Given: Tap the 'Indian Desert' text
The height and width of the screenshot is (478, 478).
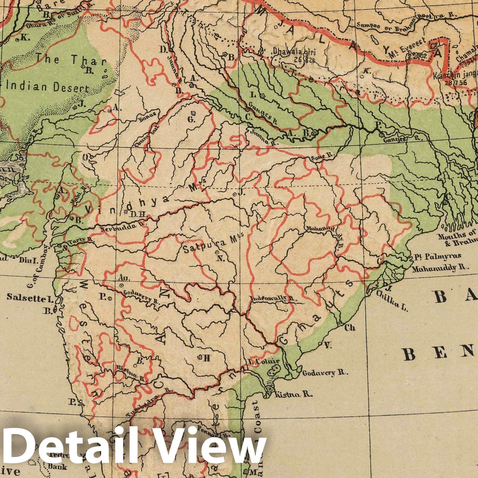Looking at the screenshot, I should pos(48,88).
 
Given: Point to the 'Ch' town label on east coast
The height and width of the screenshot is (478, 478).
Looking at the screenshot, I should pos(350,328).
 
